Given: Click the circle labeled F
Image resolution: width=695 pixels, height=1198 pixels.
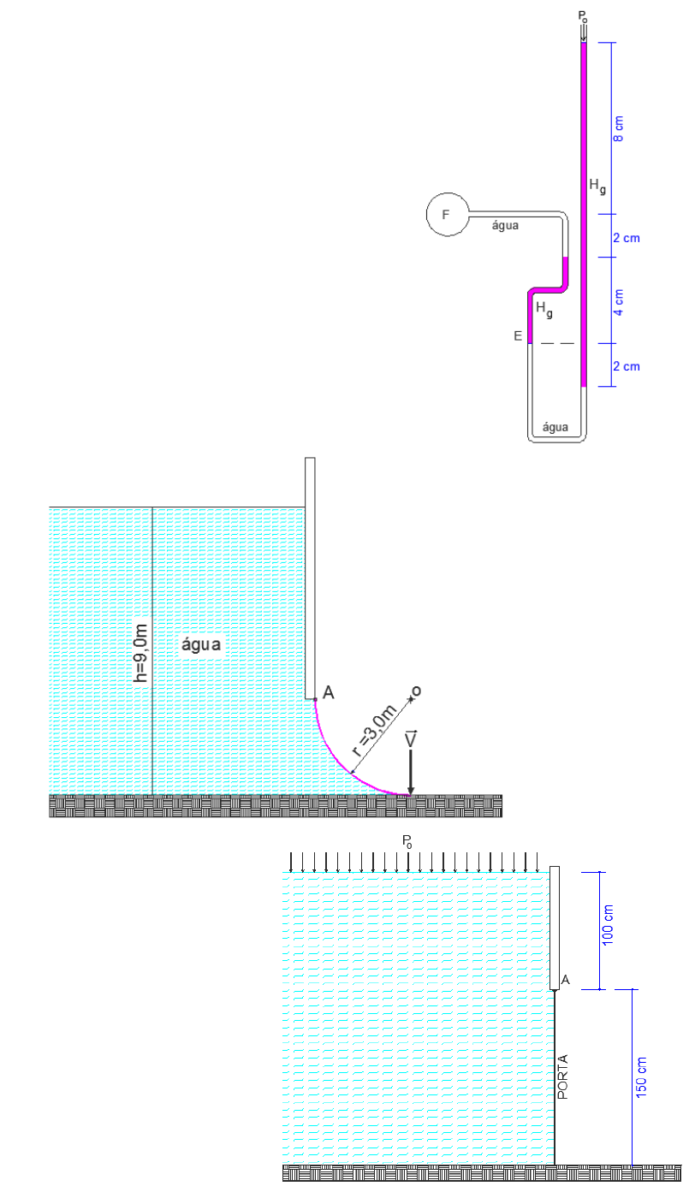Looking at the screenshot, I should pyautogui.click(x=447, y=214).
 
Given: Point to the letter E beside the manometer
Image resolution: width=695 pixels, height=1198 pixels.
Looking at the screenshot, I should pyautogui.click(x=518, y=336).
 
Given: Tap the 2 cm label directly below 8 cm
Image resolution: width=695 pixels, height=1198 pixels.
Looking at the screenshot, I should pyautogui.click(x=627, y=239).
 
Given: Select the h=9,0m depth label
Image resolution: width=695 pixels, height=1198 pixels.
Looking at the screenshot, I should pyautogui.click(x=142, y=653).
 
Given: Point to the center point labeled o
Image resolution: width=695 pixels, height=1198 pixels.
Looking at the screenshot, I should pyautogui.click(x=415, y=691).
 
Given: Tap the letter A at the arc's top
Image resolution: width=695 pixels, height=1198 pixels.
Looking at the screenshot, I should pyautogui.click(x=328, y=693).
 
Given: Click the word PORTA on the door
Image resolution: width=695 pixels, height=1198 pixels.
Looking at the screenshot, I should pyautogui.click(x=562, y=1076).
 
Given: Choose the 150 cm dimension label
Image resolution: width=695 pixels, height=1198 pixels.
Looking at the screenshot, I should pyautogui.click(x=642, y=1076).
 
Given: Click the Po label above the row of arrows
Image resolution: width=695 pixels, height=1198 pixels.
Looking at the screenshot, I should pyautogui.click(x=408, y=843).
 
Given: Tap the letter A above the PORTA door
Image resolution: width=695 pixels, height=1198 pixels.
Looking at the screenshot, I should pyautogui.click(x=565, y=981).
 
